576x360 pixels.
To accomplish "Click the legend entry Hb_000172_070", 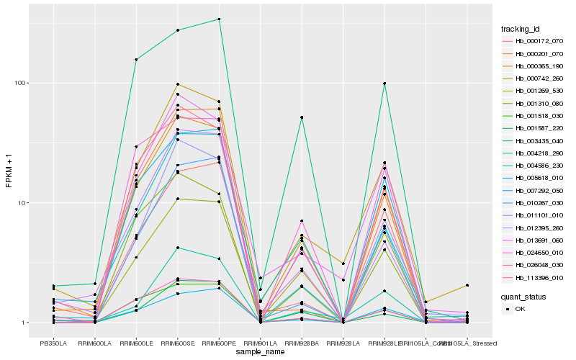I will [x=534, y=42].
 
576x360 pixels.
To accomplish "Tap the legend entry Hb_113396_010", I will [x=534, y=275].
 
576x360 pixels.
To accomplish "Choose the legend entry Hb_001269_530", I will [x=534, y=91].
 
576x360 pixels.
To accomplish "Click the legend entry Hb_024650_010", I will [x=534, y=252].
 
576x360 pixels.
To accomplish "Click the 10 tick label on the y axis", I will [x=21, y=202].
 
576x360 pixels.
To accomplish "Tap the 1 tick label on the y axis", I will [x=23, y=323].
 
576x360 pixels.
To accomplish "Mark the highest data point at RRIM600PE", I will [x=219, y=19].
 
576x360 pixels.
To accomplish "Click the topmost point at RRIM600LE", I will [x=136, y=60].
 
